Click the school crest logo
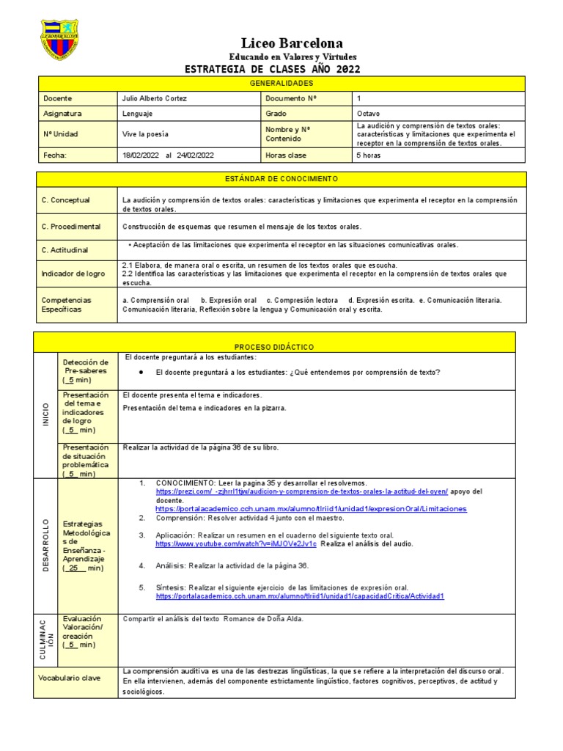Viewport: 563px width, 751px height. (x=59, y=41)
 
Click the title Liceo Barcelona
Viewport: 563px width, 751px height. (x=281, y=43)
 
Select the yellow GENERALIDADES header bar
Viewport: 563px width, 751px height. (x=281, y=84)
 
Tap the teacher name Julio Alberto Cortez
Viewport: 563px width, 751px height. (x=154, y=98)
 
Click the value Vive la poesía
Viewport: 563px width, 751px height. (x=145, y=134)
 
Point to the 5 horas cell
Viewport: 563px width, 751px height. (x=369, y=155)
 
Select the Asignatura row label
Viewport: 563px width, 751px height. (x=63, y=114)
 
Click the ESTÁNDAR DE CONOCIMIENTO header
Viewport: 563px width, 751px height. (x=281, y=179)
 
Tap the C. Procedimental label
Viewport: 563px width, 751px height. (x=71, y=227)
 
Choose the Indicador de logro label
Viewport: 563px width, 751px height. (x=73, y=274)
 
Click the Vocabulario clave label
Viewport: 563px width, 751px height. (x=70, y=678)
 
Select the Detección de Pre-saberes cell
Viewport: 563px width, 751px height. (x=86, y=371)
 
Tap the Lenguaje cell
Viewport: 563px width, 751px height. (x=139, y=114)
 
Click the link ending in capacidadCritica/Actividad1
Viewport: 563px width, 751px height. (x=300, y=596)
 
